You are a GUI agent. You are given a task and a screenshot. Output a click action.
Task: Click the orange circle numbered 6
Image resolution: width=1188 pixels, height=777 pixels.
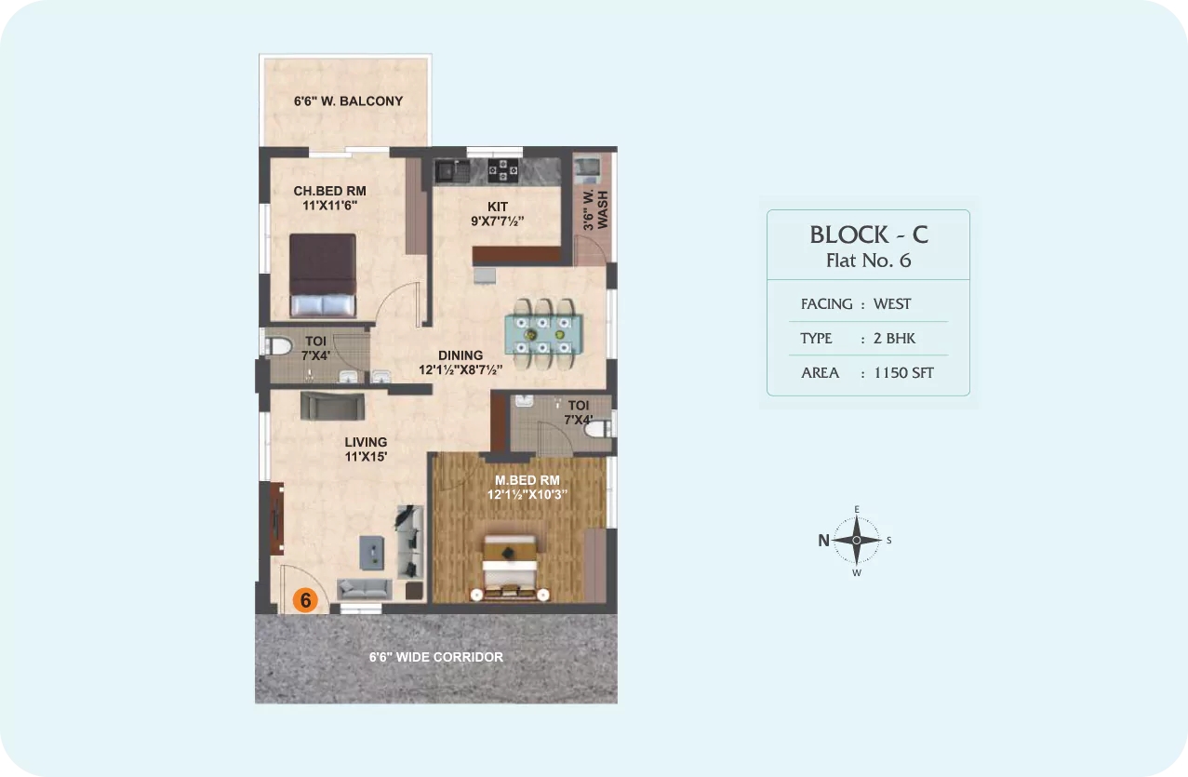coord(305,600)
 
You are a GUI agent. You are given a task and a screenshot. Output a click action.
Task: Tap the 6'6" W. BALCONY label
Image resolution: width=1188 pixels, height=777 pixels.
coord(349,100)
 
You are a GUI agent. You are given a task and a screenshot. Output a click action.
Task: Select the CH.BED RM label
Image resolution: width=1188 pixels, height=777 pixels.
coord(330,191)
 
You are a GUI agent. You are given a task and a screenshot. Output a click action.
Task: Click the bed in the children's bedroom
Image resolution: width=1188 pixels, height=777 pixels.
coord(323,275)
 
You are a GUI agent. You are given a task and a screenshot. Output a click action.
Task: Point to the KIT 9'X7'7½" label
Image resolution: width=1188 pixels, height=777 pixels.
coord(498,214)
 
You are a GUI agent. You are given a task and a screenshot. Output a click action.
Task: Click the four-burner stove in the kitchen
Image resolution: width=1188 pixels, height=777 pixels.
coord(502,169)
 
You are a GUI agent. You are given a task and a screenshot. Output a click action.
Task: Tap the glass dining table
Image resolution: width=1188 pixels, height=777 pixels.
coord(543,334)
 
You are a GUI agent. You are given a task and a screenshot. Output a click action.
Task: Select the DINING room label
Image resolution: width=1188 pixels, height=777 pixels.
coord(461,355)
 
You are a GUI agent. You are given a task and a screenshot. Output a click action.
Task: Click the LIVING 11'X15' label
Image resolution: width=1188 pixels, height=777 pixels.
coord(366,449)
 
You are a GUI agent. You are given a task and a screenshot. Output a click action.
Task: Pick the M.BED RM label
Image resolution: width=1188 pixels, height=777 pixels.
coord(527,480)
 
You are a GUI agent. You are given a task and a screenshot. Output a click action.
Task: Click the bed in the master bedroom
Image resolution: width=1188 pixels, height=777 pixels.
coord(510,568)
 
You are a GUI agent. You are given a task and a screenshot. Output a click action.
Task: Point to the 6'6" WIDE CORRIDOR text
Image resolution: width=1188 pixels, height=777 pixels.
coord(436,657)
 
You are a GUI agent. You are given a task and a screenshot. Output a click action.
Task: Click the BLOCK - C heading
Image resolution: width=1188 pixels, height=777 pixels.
coord(869,234)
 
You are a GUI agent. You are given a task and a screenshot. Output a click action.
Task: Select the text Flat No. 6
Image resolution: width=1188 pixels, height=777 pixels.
coord(869,261)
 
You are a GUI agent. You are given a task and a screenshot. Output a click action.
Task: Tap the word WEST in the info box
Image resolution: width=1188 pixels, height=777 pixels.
coord(892,304)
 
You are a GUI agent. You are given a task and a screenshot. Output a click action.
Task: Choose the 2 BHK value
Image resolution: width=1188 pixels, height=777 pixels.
coord(894,339)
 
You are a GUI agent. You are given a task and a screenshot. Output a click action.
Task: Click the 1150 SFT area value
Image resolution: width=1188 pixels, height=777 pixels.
coord(903,373)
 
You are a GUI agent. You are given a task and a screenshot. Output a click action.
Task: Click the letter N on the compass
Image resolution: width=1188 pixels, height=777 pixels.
coord(823,541)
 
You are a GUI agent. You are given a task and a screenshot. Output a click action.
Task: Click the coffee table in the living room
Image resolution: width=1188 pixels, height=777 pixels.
coord(372,553)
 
